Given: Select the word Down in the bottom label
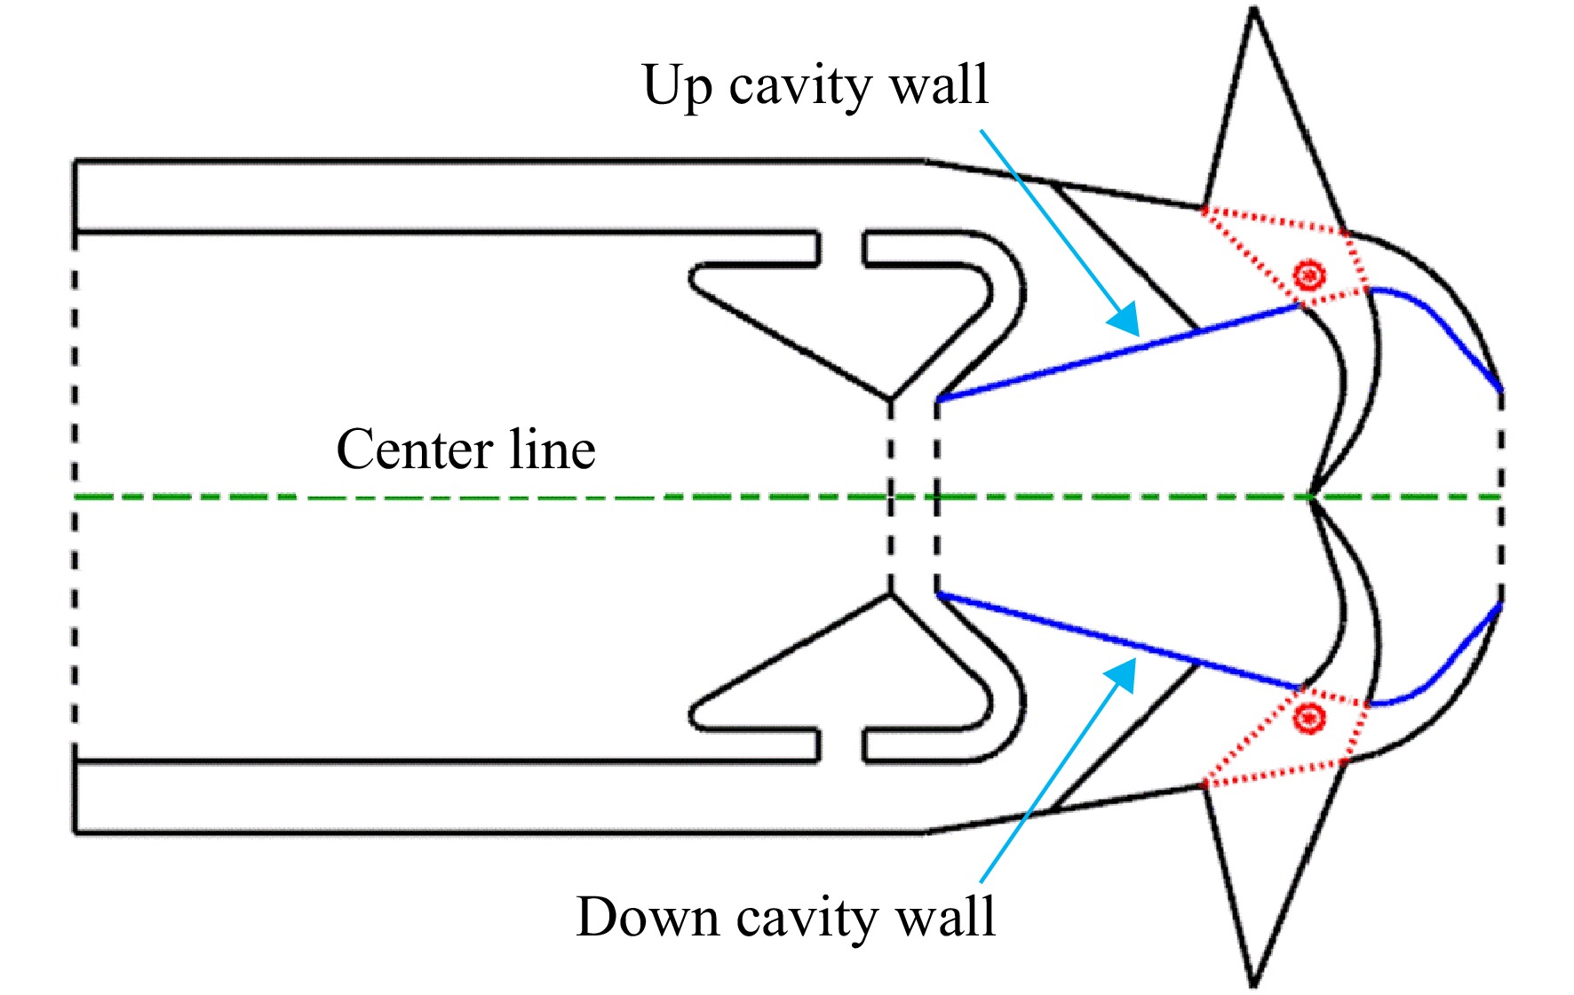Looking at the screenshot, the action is pos(648,916).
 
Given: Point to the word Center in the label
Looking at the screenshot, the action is pos(415,450).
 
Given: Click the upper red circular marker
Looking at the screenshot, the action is pos(1308,275).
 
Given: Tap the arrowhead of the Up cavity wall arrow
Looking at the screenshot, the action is pos(1125,320).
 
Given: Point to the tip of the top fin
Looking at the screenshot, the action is pos(1254,9).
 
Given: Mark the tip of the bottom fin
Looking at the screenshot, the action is pos(1253,984).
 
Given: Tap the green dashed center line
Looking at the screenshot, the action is pos(787,497).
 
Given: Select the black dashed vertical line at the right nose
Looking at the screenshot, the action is pos(1501,497).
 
